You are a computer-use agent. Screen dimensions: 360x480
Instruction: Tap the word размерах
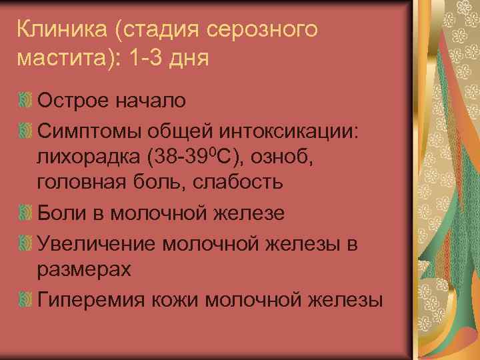[85, 269]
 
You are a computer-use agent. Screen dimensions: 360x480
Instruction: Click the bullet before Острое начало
[25, 101]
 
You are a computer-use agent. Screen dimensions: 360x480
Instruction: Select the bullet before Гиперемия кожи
[25, 298]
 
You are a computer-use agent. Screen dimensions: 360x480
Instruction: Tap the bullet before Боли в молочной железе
[25, 213]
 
